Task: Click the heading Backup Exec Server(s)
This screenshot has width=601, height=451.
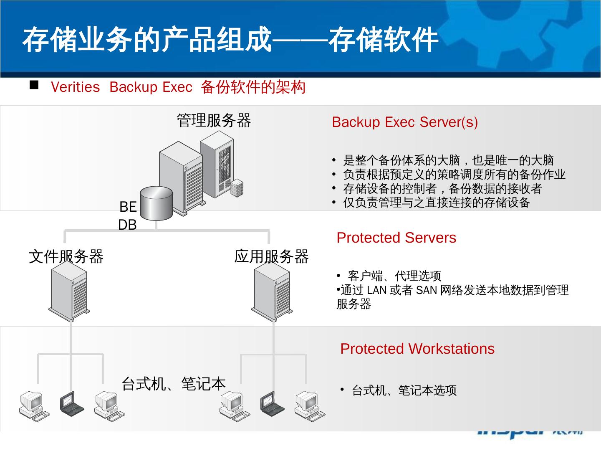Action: [404, 122]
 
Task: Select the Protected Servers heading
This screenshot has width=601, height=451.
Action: [396, 238]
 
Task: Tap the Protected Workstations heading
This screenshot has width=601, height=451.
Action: [417, 349]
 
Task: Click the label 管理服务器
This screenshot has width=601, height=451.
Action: [214, 120]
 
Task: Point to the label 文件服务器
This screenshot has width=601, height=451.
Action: [66, 256]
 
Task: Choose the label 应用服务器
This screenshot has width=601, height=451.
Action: [271, 256]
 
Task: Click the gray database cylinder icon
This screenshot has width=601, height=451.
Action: [156, 203]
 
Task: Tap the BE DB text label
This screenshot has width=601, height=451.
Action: [128, 215]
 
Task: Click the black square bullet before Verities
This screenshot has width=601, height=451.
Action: [34, 86]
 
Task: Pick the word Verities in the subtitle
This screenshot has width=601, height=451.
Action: [75, 87]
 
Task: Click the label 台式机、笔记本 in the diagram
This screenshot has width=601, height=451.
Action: [173, 383]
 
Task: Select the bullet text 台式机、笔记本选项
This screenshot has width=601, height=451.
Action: [404, 390]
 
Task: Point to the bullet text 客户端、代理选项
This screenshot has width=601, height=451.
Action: [394, 276]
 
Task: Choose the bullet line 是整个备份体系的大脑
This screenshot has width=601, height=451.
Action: [448, 160]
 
